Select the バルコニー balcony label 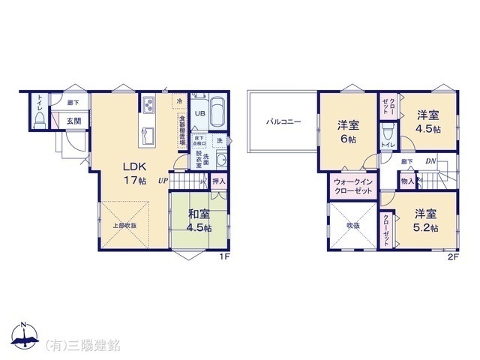[x=281, y=121]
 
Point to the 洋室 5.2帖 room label [x=426, y=216]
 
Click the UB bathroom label [x=200, y=114]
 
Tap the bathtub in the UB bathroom [x=218, y=114]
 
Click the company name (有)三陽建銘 [x=83, y=344]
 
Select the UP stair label [x=163, y=180]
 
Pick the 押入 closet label [x=218, y=180]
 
